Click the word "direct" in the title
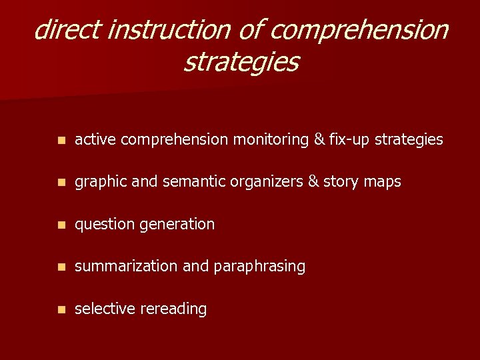tap(66, 30)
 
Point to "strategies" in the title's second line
tap(241, 62)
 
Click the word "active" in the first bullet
tap(95, 139)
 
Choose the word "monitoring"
tap(269, 139)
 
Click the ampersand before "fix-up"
tap(319, 139)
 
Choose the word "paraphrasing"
tap(260, 267)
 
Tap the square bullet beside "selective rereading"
tap(61, 309)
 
